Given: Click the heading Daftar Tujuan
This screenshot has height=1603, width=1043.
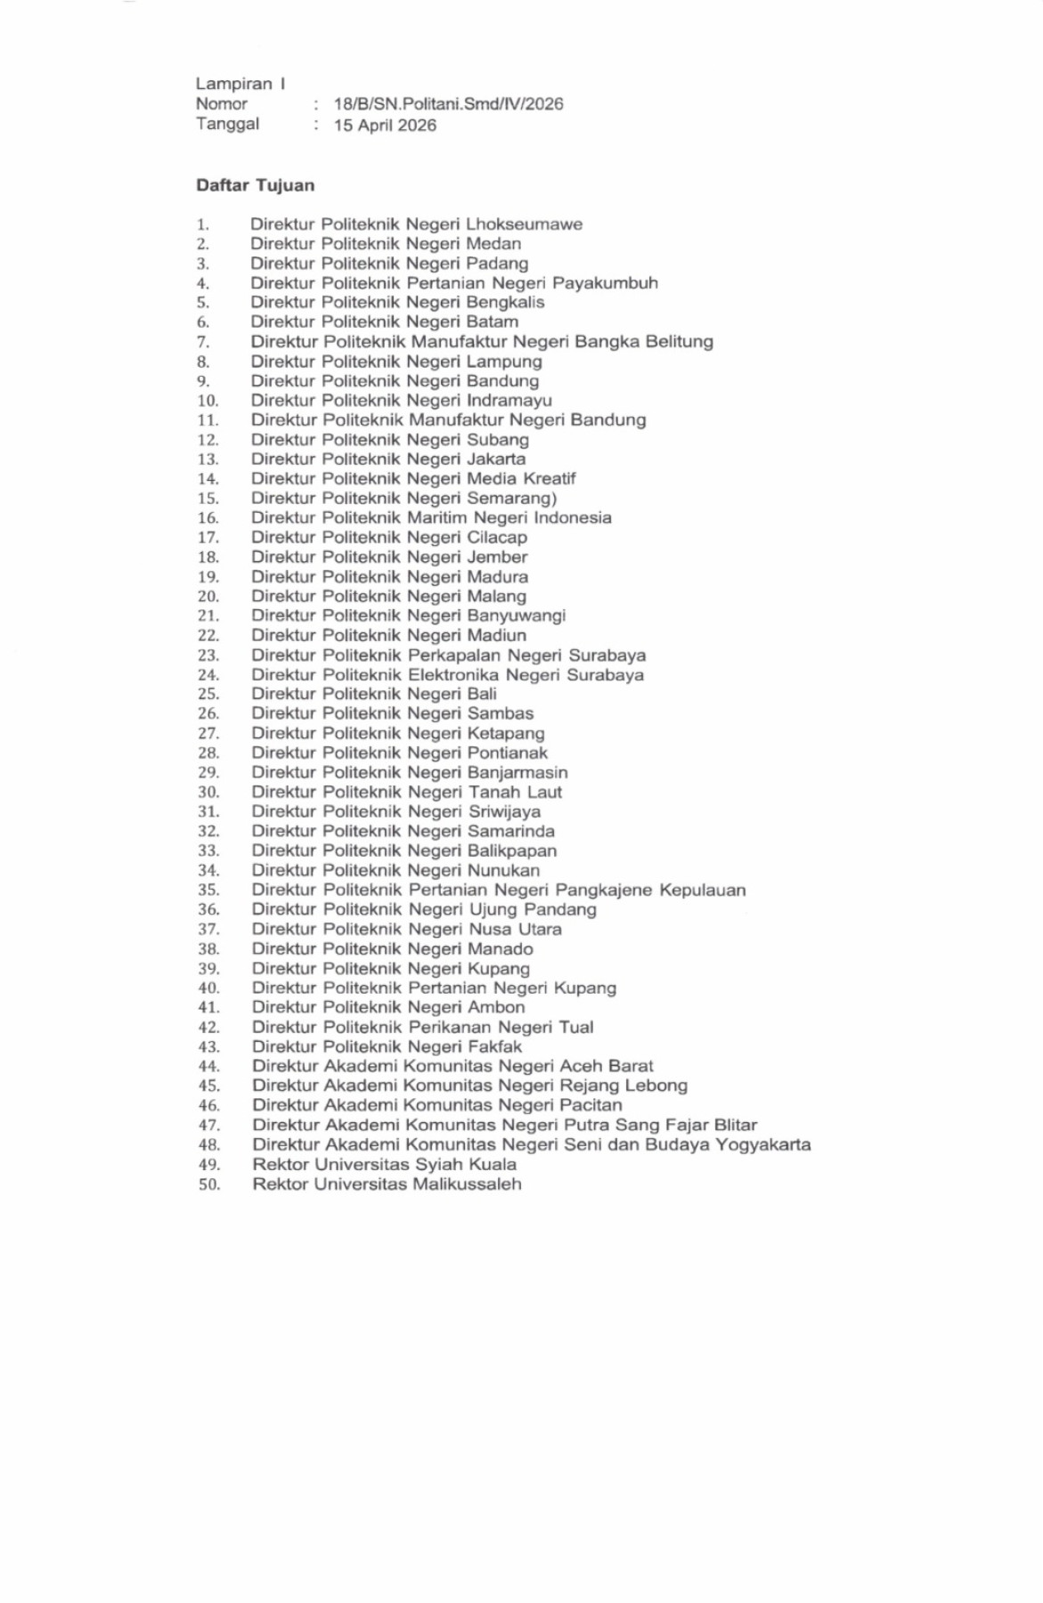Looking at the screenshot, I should coord(255,185).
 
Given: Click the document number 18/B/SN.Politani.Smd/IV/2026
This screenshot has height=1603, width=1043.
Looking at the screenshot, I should coord(448,104).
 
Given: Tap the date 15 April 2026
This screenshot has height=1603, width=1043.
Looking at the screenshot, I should coord(385,126).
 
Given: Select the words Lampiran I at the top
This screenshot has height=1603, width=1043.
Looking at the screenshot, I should coord(240,84).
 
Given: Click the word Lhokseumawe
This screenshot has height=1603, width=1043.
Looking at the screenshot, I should coord(524,224).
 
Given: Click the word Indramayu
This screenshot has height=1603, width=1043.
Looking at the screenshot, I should coord(509,401).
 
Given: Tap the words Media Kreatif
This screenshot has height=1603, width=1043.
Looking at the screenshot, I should coord(521,479).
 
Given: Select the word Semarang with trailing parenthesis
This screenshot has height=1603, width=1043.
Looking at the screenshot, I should coord(512,499).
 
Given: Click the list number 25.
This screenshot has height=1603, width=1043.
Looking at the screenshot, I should coord(208,695).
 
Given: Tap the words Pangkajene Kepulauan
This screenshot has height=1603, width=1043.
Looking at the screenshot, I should coord(650,891).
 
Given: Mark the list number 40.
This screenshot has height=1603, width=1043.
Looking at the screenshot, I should coord(208,989).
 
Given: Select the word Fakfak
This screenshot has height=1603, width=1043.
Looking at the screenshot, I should coord(494,1047).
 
